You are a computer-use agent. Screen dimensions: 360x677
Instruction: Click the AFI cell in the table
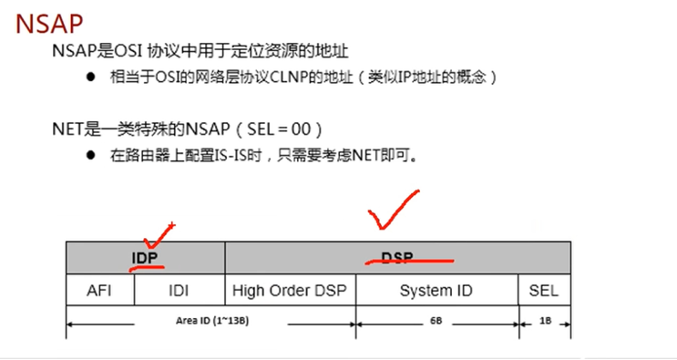point(99,291)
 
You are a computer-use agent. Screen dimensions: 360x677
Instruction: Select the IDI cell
point(179,291)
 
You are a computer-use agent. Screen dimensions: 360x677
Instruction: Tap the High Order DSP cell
point(290,291)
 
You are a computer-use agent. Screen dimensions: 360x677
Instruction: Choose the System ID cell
point(437,291)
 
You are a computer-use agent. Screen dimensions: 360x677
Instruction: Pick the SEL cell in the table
point(544,291)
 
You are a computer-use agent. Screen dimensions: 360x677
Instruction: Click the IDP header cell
point(145,258)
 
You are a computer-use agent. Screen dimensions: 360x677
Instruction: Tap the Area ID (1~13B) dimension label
point(210,321)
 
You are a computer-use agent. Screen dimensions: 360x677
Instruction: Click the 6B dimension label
point(436,321)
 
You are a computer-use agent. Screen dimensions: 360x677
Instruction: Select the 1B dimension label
point(545,321)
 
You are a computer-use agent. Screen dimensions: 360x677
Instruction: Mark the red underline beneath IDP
point(147,269)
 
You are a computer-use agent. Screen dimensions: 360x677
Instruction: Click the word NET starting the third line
point(67,129)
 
